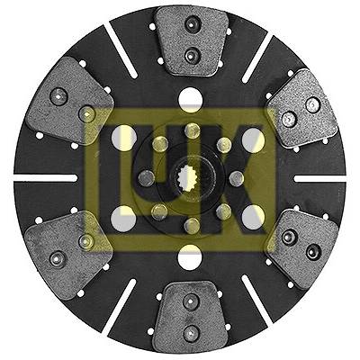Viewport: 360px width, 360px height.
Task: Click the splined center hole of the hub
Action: coord(189,179)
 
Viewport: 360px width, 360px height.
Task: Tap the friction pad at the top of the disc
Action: coord(191,40)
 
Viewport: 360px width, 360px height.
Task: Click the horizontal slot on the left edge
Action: coord(46,178)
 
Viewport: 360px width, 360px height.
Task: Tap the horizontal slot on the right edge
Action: coord(320,179)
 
